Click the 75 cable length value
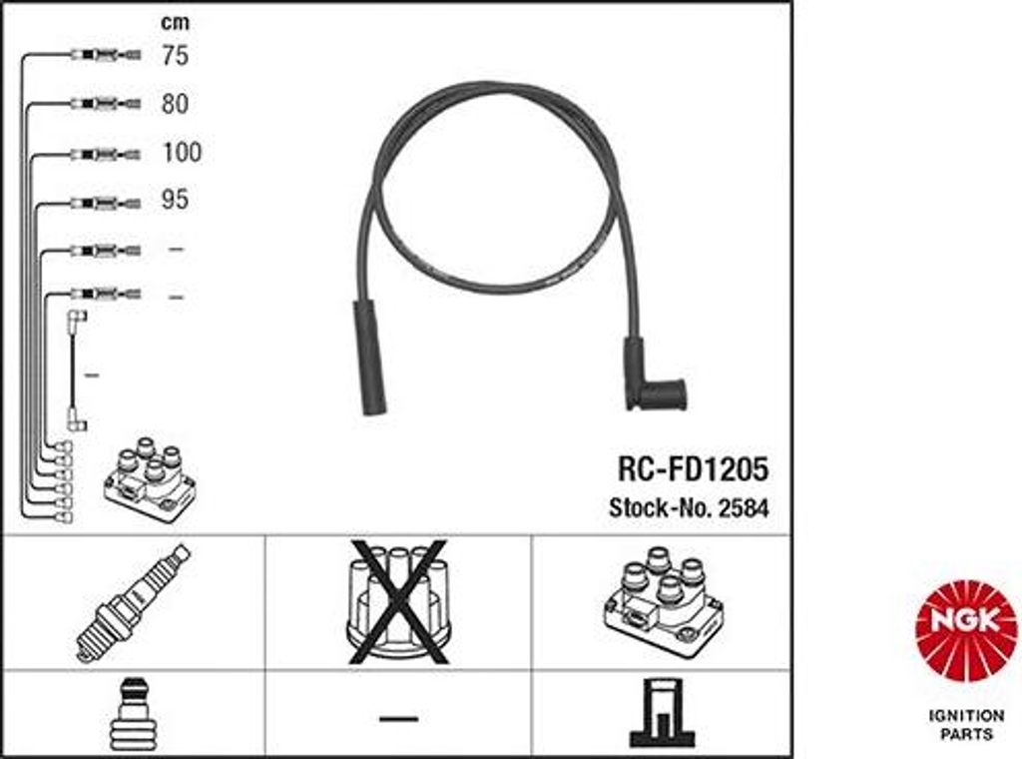point(175,55)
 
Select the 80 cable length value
point(175,104)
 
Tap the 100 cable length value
point(182,152)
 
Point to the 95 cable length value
point(175,200)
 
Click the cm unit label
point(176,23)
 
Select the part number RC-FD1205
point(693,468)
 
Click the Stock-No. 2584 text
point(689,508)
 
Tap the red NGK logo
point(966,631)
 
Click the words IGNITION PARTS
point(966,724)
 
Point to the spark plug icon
point(134,602)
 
